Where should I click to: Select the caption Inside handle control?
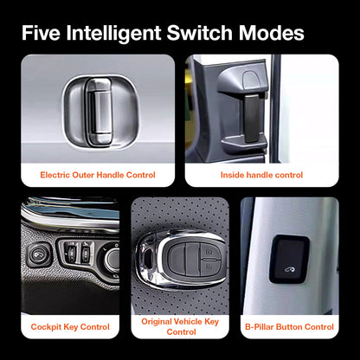[262, 174]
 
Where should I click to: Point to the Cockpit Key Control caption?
[70, 326]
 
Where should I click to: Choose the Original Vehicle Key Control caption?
[180, 326]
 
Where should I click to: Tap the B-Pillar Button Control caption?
[288, 326]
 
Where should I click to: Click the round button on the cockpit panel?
[37, 255]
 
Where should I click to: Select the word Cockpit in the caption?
[48, 326]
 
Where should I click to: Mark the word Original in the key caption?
[159, 321]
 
